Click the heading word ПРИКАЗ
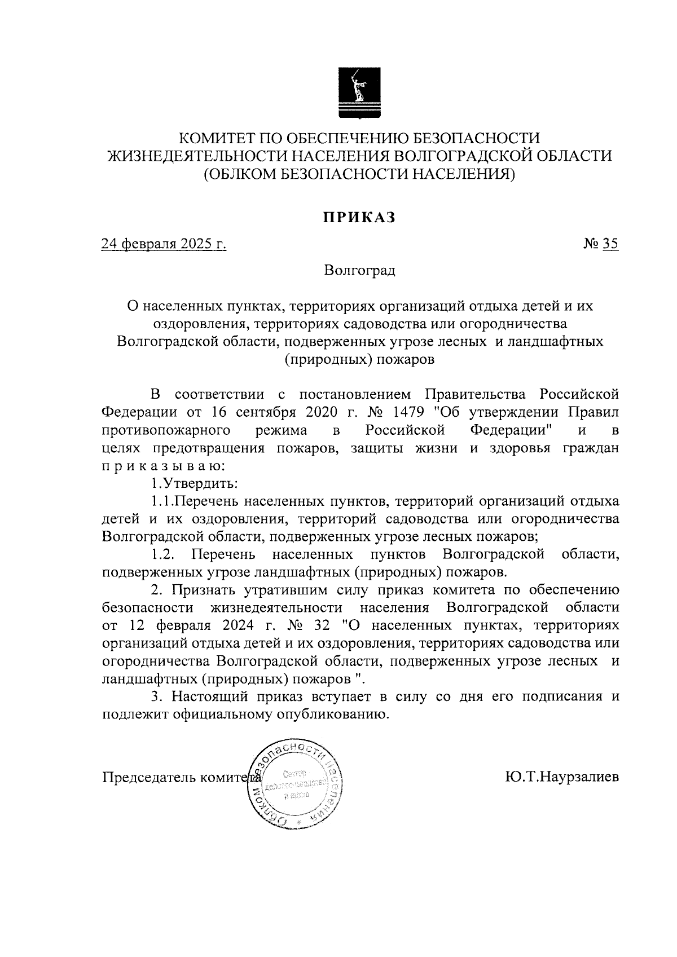pyautogui.click(x=359, y=217)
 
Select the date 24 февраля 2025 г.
pyautogui.click(x=164, y=244)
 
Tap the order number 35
pyautogui.click(x=610, y=244)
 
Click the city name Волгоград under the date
pyautogui.click(x=359, y=271)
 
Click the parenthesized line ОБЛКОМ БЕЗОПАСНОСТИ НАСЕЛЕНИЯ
pyautogui.click(x=359, y=174)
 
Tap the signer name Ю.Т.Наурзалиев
pyautogui.click(x=562, y=777)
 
